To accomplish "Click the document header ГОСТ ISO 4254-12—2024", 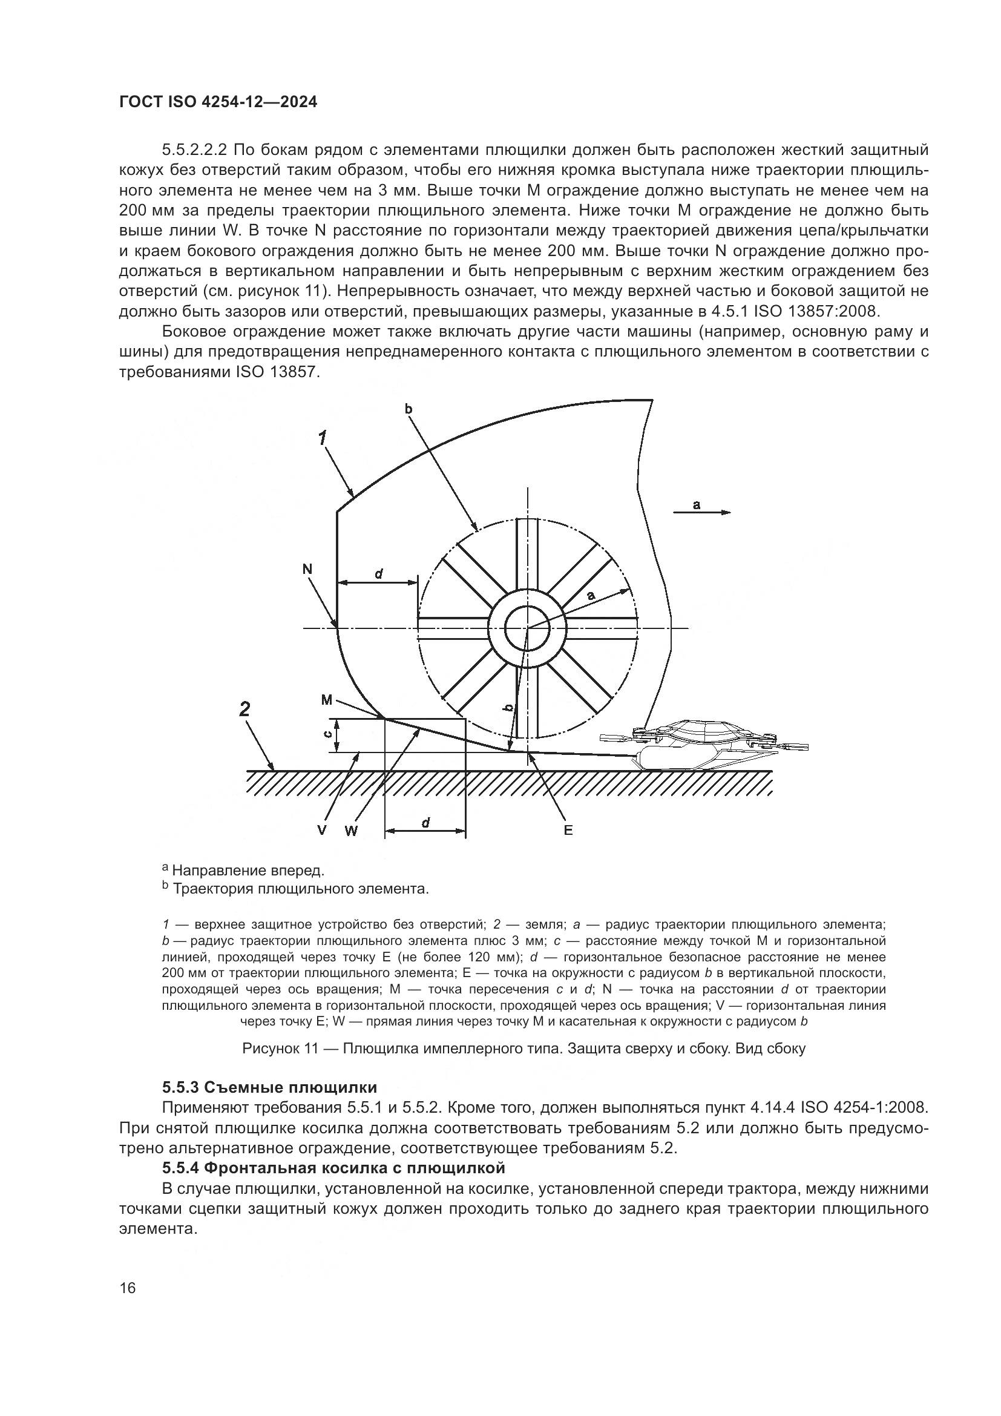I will [x=218, y=102].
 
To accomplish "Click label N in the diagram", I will [x=307, y=569].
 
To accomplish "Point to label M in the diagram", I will [x=327, y=700].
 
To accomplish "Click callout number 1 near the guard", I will [x=322, y=438].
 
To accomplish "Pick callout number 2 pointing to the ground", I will [x=245, y=710].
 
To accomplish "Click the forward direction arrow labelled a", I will [x=701, y=512].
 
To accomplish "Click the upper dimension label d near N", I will [x=378, y=573].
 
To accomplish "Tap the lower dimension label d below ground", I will [x=425, y=822].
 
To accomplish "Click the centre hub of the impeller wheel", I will [x=527, y=628].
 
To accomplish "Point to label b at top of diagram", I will [x=408, y=408].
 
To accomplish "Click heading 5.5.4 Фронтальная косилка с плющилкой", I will [x=333, y=1168].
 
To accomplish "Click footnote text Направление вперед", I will [x=248, y=871].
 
